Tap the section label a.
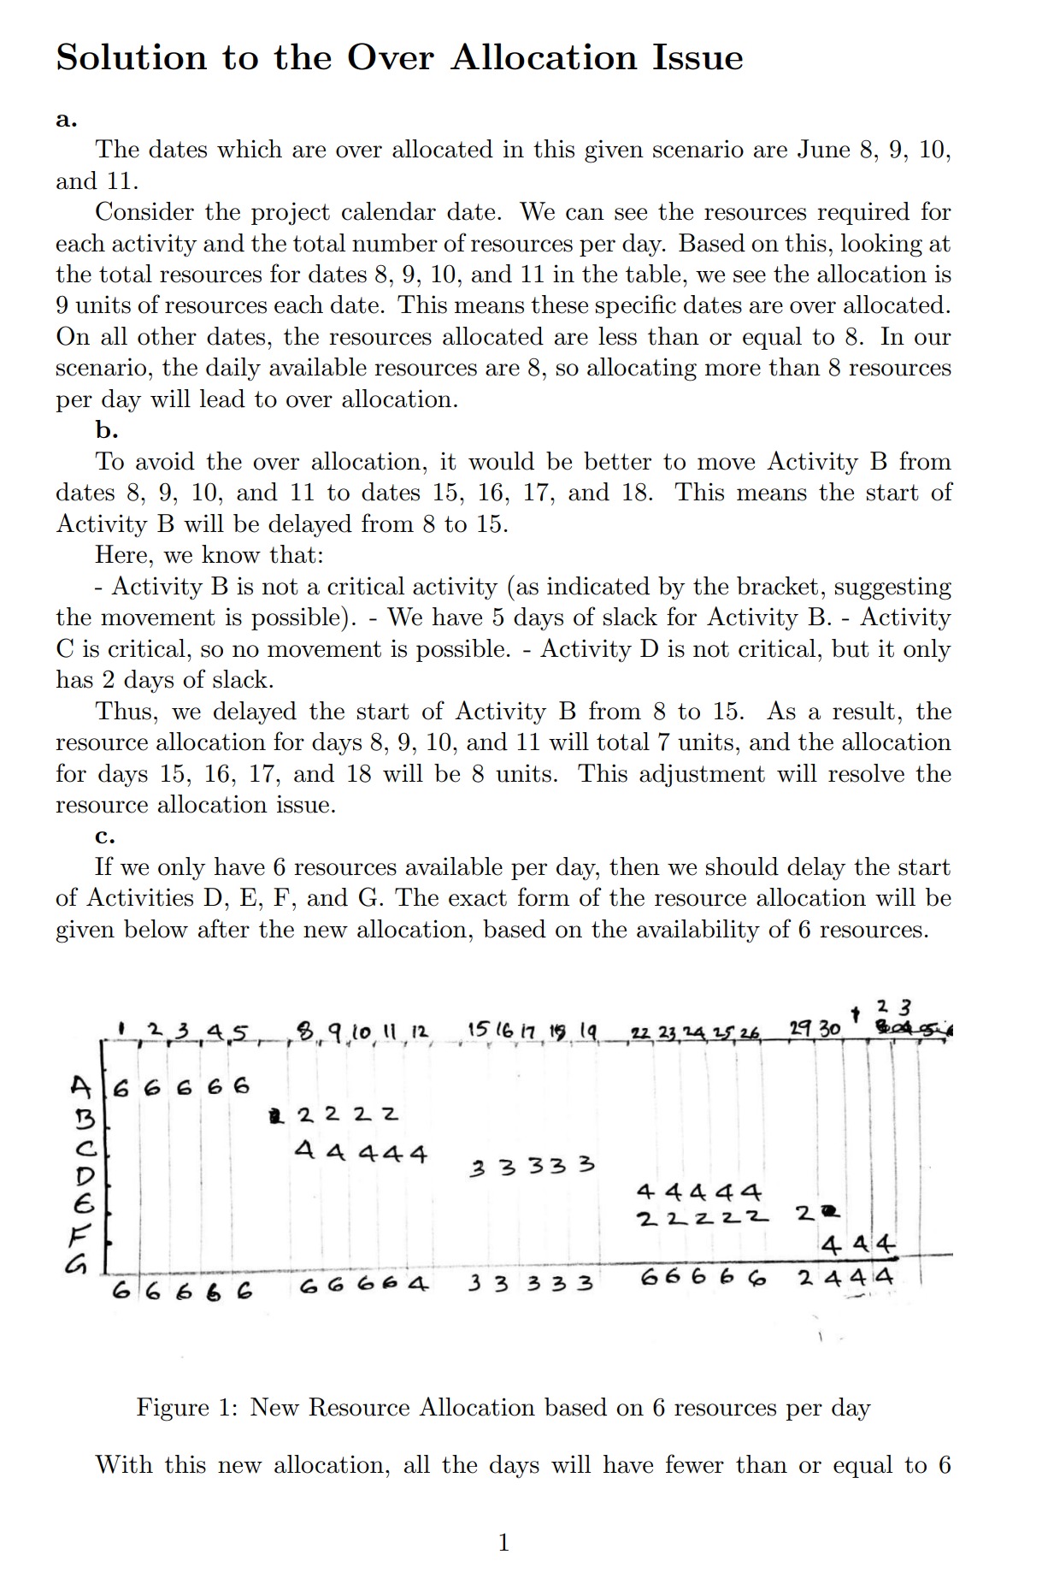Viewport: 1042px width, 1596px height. pyautogui.click(x=66, y=119)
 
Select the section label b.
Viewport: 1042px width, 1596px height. pyautogui.click(x=107, y=429)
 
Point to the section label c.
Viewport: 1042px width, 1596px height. pyautogui.click(x=105, y=835)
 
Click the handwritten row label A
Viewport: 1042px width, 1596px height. pyautogui.click(x=80, y=1088)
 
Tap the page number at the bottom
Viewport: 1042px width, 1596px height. pyautogui.click(x=503, y=1541)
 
